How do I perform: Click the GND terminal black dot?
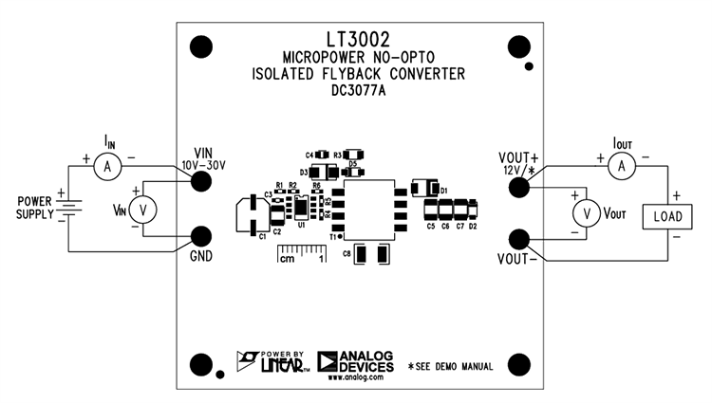[201, 236]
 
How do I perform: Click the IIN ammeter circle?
[107, 166]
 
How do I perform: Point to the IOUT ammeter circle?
[622, 166]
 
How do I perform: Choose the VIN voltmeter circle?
[143, 209]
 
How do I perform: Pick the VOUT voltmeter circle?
[587, 214]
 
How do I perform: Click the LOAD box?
[668, 216]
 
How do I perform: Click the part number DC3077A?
[360, 92]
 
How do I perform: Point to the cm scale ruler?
[301, 253]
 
